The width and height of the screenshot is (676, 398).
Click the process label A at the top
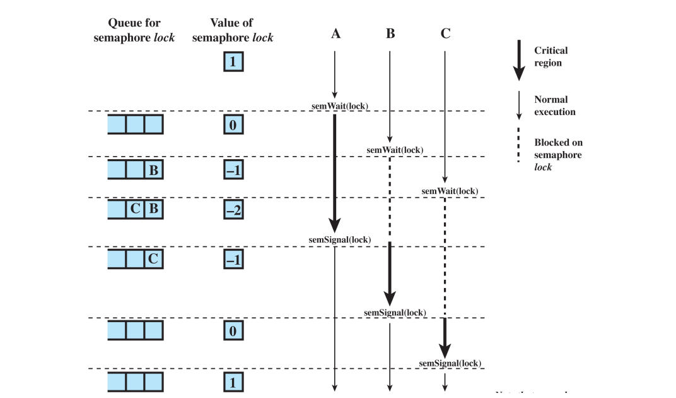(x=335, y=33)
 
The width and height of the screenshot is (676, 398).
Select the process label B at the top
(x=390, y=33)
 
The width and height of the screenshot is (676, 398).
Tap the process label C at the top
(x=445, y=33)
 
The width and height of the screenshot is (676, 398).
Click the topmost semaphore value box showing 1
(x=233, y=63)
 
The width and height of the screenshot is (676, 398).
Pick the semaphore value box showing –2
(x=233, y=210)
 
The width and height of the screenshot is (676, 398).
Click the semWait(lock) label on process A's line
(x=340, y=105)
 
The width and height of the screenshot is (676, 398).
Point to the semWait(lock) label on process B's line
(x=395, y=150)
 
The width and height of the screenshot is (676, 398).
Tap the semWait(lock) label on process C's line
(x=450, y=191)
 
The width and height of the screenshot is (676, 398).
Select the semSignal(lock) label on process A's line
(x=339, y=239)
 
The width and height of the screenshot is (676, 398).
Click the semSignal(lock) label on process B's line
(x=395, y=312)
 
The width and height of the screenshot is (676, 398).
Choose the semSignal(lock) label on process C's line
(x=450, y=363)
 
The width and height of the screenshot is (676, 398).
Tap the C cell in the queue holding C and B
(x=135, y=210)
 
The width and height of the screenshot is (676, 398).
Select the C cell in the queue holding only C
(x=153, y=259)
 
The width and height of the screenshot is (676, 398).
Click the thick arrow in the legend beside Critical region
(x=518, y=61)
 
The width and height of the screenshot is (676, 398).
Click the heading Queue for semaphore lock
(x=134, y=30)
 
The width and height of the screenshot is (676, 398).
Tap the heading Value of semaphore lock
(x=233, y=30)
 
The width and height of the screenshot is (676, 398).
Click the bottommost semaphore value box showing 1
(x=233, y=382)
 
